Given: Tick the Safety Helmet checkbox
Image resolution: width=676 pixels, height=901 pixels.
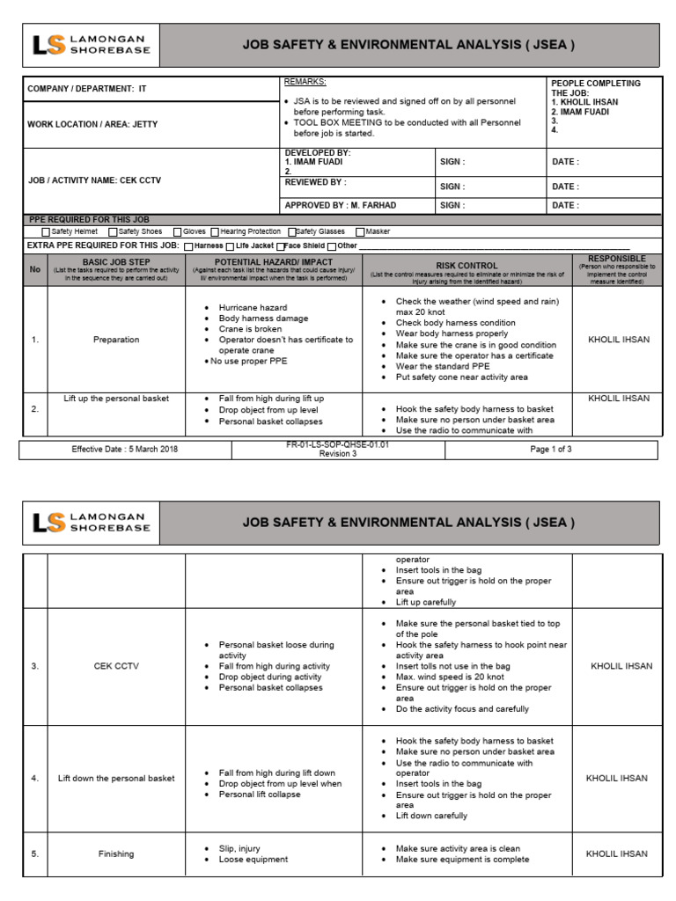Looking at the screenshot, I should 46,231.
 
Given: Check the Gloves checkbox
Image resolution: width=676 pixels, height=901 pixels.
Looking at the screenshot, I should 176,231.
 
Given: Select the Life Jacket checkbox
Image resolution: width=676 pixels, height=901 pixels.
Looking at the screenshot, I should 231,246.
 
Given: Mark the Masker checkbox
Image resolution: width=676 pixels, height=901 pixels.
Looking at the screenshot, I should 359,231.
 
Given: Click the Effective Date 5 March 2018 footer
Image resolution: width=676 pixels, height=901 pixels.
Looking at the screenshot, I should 124,450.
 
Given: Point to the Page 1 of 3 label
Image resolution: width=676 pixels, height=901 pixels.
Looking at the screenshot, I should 550,450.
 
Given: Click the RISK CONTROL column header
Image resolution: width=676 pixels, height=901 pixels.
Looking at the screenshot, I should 467,265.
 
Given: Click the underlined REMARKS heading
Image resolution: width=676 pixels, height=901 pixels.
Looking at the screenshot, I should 305,82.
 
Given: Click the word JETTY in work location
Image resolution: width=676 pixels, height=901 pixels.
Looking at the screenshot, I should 144,124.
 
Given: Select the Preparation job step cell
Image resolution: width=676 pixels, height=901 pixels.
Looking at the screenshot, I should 116,340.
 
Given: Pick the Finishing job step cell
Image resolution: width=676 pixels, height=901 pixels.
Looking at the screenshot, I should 116,853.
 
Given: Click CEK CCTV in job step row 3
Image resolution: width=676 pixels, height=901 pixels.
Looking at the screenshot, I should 116,666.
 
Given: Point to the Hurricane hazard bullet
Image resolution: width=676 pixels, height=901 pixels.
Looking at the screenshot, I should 253,307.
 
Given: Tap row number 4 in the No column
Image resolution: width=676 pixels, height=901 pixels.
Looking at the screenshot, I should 35,778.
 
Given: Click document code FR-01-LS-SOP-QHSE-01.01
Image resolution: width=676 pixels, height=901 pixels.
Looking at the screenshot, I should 338,445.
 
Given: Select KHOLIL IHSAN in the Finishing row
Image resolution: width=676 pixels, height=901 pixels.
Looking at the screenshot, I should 616,853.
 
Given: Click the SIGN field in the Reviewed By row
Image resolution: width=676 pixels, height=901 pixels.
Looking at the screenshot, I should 452,187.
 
